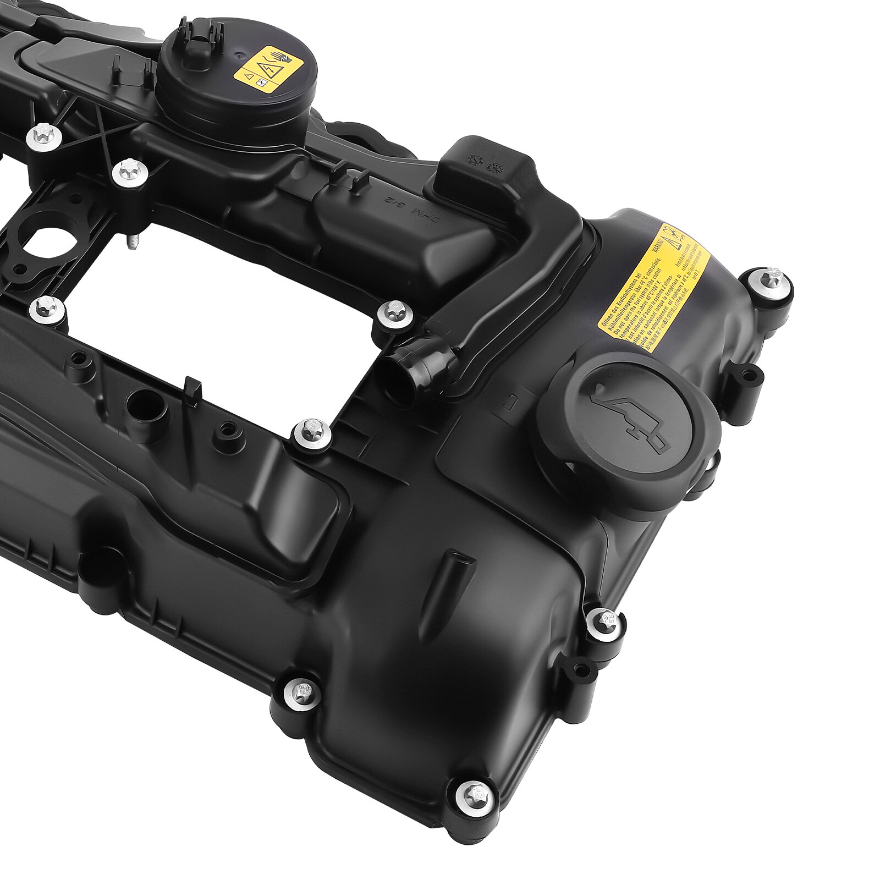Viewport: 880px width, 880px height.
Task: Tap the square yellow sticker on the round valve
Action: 268,71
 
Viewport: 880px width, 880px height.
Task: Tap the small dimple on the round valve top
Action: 238,55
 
